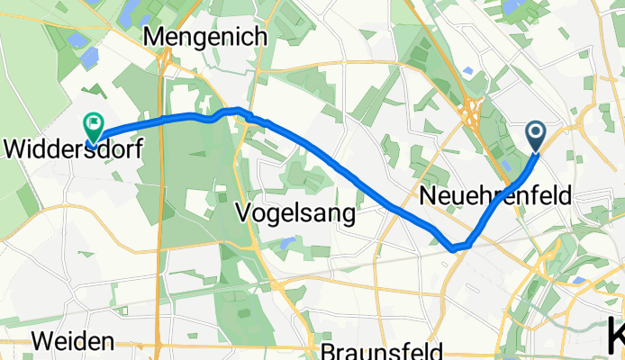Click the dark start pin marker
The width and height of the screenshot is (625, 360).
click(535, 137)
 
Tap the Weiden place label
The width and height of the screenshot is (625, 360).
click(76, 341)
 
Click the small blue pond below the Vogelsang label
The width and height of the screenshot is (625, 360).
click(285, 242)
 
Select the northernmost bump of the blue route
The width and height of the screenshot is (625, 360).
click(238, 110)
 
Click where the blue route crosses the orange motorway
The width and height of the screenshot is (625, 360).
click(163, 120)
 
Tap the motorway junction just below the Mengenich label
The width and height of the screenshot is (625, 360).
click(167, 61)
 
